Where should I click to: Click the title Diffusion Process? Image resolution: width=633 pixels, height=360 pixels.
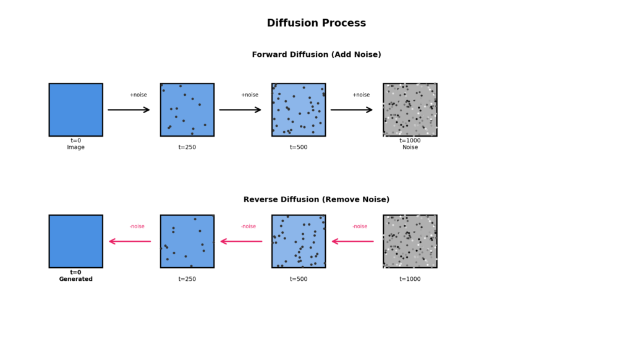tap(316, 23)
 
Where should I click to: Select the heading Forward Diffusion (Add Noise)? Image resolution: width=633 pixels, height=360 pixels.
tap(316, 54)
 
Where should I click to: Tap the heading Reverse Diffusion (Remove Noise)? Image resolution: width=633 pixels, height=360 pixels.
tap(316, 199)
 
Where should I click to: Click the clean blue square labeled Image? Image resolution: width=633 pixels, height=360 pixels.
tap(75, 109)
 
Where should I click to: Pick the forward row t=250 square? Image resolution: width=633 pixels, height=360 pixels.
tap(187, 109)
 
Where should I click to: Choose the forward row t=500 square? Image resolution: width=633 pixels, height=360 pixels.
tap(298, 109)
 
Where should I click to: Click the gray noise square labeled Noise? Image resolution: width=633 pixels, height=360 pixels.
tap(410, 109)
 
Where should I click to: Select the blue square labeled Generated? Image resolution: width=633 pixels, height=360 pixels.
tap(75, 241)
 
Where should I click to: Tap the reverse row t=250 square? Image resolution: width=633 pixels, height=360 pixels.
tap(187, 241)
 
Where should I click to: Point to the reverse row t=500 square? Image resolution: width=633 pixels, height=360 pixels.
tap(298, 241)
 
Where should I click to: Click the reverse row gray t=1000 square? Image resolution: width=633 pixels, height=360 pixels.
tap(410, 241)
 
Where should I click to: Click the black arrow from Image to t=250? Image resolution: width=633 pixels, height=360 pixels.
tap(129, 110)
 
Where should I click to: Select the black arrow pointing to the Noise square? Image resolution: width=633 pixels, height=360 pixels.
tap(351, 110)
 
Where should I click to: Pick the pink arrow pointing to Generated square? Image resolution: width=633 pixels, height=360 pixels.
tap(130, 241)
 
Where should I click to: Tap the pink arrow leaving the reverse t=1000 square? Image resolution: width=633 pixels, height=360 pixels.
tap(352, 241)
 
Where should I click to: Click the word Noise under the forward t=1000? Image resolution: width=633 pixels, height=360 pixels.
tap(410, 147)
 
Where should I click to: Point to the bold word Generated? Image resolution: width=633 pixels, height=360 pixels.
tap(75, 279)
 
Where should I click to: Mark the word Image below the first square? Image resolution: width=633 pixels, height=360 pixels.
tap(75, 147)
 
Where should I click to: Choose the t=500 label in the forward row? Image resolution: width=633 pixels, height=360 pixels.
tap(298, 147)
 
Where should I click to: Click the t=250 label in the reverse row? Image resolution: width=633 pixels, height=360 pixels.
tap(187, 279)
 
